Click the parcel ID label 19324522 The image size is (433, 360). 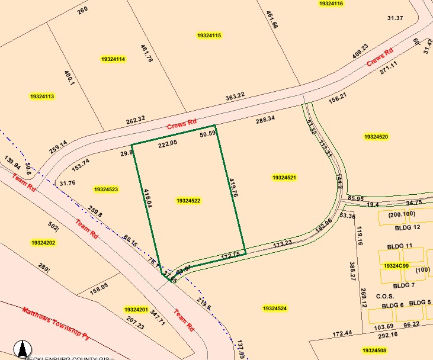pyautogui.click(x=188, y=201)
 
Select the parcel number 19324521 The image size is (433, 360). pyautogui.click(x=284, y=178)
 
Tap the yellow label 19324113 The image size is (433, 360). pyautogui.click(x=42, y=96)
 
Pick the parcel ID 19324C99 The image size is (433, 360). pyautogui.click(x=396, y=266)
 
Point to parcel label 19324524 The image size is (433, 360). pyautogui.click(x=275, y=308)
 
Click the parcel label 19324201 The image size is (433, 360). pyautogui.click(x=136, y=310)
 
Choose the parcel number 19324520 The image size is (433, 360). pyautogui.click(x=376, y=137)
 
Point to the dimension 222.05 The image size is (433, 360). pyautogui.click(x=168, y=144)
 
